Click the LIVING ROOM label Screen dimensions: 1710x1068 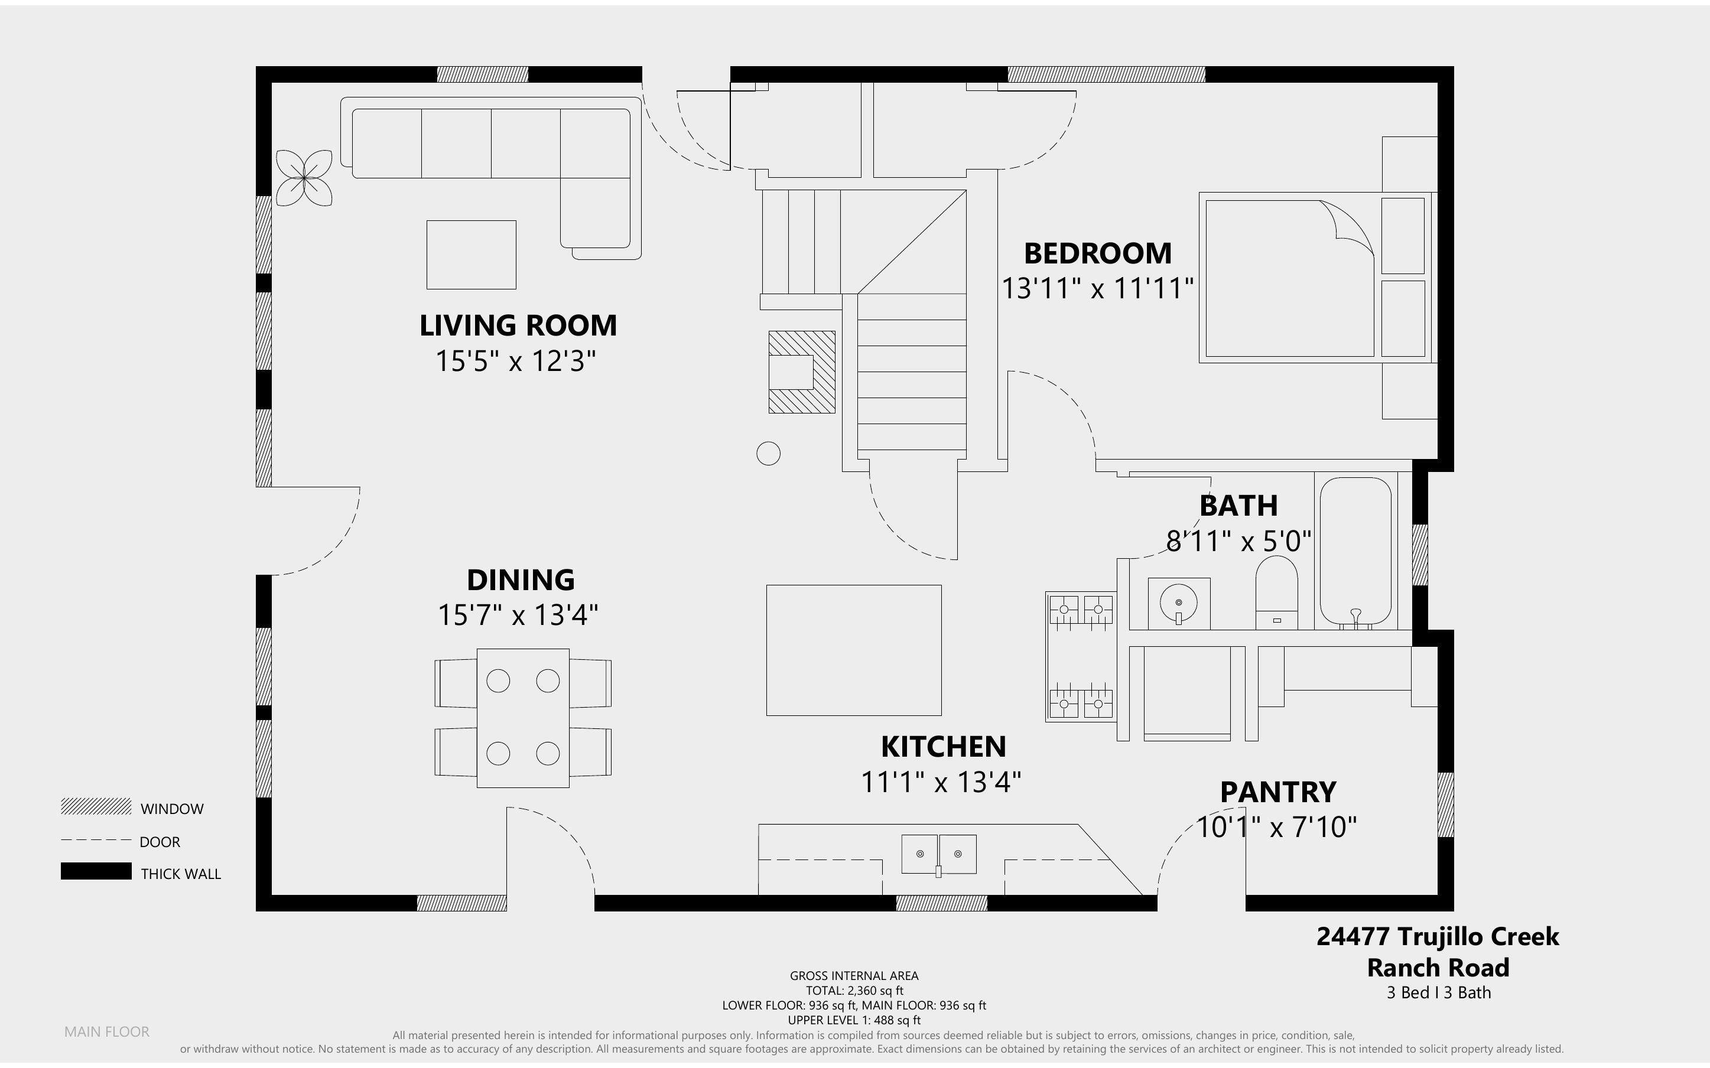[518, 325]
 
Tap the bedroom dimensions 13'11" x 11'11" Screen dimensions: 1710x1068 [1098, 288]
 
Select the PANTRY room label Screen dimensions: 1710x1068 [1277, 792]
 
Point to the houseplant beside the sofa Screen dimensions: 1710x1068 [304, 178]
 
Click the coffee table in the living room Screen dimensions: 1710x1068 [471, 255]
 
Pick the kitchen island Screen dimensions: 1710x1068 [854, 650]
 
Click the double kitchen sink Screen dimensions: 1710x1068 [939, 854]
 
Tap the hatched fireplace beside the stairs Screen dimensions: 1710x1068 [802, 372]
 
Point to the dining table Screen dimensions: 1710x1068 [523, 718]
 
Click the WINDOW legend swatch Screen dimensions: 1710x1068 [96, 806]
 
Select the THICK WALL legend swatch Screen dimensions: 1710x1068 [96, 871]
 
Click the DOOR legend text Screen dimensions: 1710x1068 [160, 842]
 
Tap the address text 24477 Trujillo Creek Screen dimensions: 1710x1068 [1438, 937]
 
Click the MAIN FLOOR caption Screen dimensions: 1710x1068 [107, 1032]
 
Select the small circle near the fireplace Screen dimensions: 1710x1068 [769, 454]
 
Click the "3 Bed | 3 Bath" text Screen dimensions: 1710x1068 [1439, 992]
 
